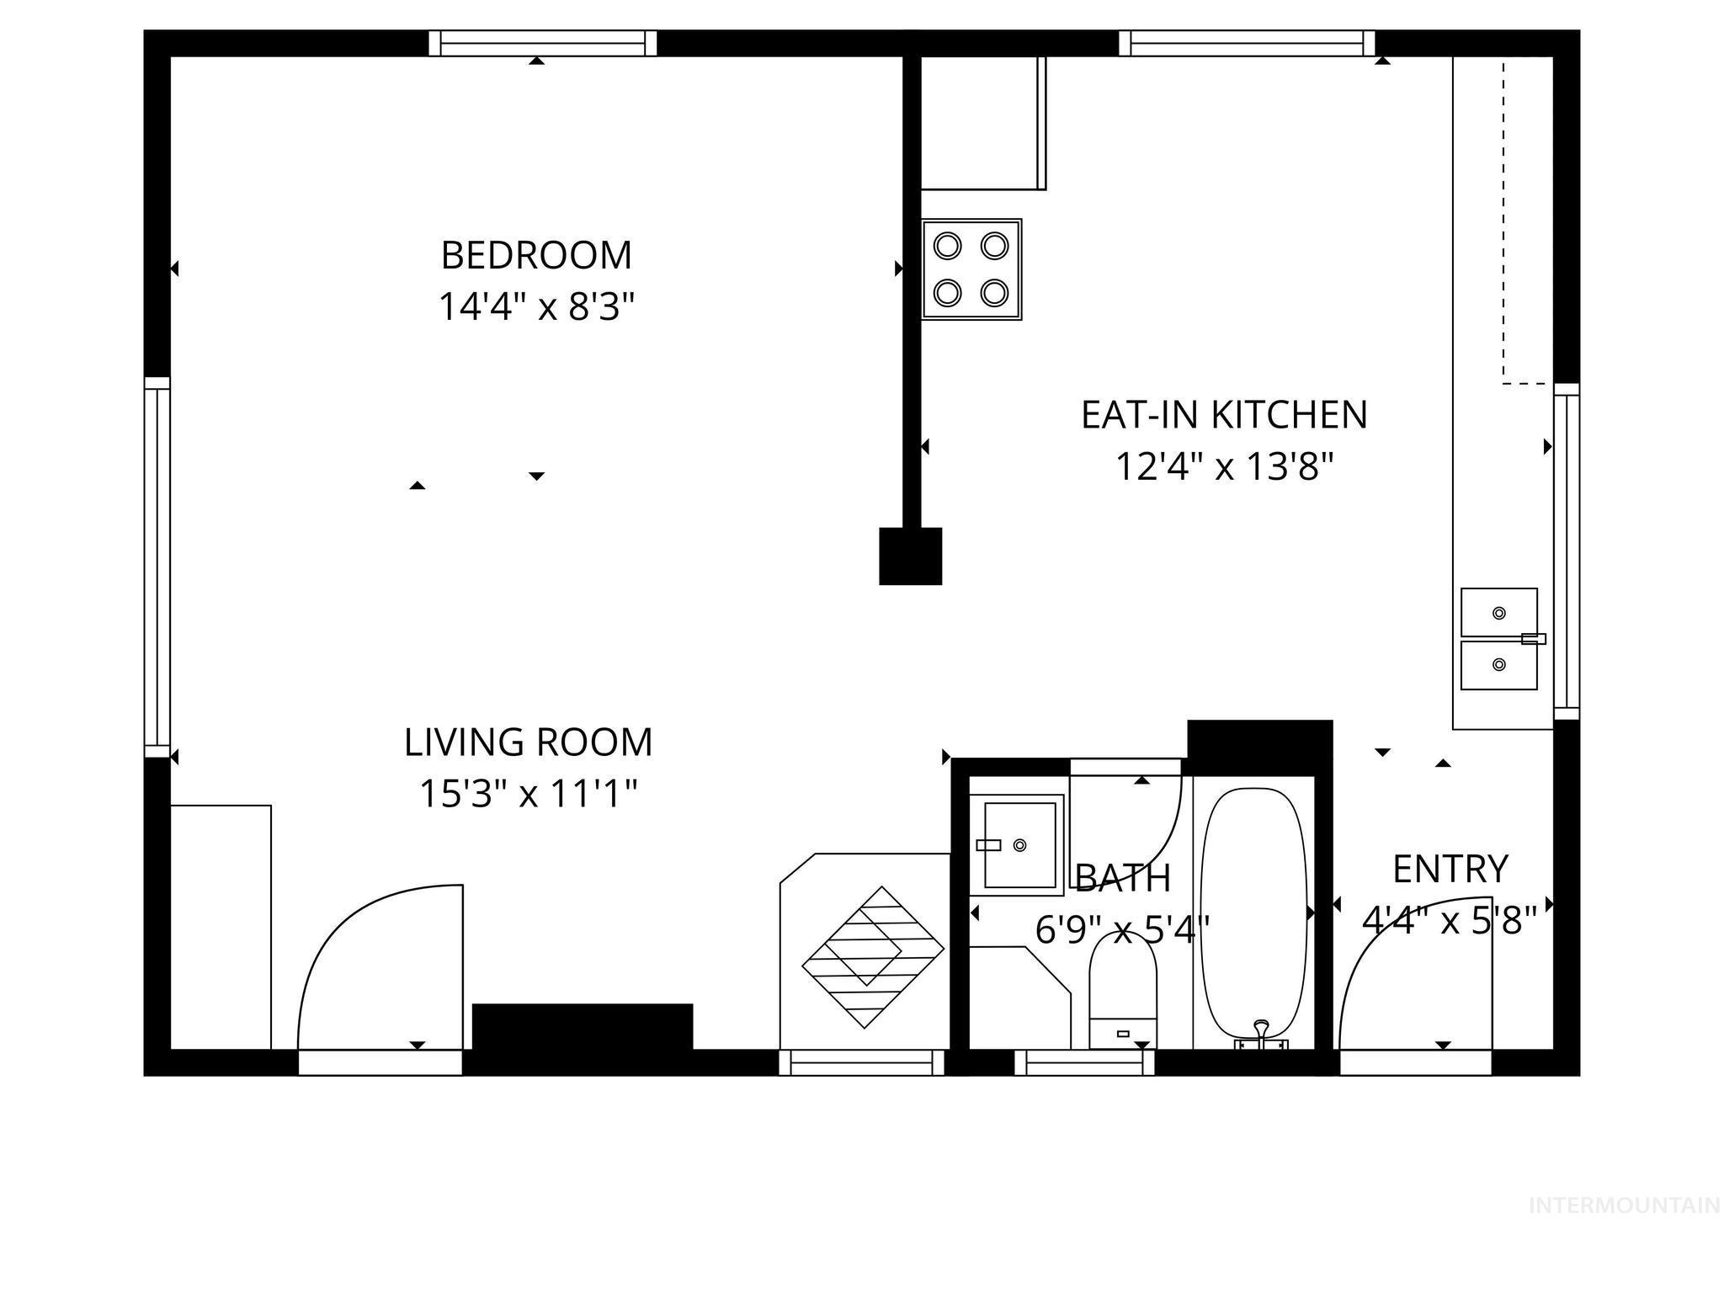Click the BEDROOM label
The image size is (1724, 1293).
pos(536,255)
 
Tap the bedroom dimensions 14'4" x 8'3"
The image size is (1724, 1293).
pos(535,307)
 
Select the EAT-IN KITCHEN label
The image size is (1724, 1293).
pos(1224,415)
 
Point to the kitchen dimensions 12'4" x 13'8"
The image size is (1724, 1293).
pos(1225,466)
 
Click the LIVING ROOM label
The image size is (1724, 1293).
pos(529,742)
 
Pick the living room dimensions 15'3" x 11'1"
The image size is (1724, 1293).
pos(529,793)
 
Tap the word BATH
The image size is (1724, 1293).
pos(1123,878)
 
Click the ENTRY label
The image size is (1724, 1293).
pos(1450,870)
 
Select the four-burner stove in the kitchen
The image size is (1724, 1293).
pos(971,269)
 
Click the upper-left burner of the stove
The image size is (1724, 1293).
pos(948,246)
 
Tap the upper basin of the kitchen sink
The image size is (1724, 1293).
pos(1499,612)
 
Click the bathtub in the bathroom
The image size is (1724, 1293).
pos(1254,918)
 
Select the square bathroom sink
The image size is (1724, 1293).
pos(1017,844)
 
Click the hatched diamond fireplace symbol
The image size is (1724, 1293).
pos(873,957)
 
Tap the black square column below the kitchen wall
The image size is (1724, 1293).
pos(911,556)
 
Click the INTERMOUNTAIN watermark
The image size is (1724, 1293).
pos(1624,1205)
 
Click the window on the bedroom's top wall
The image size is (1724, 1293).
pos(543,43)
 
